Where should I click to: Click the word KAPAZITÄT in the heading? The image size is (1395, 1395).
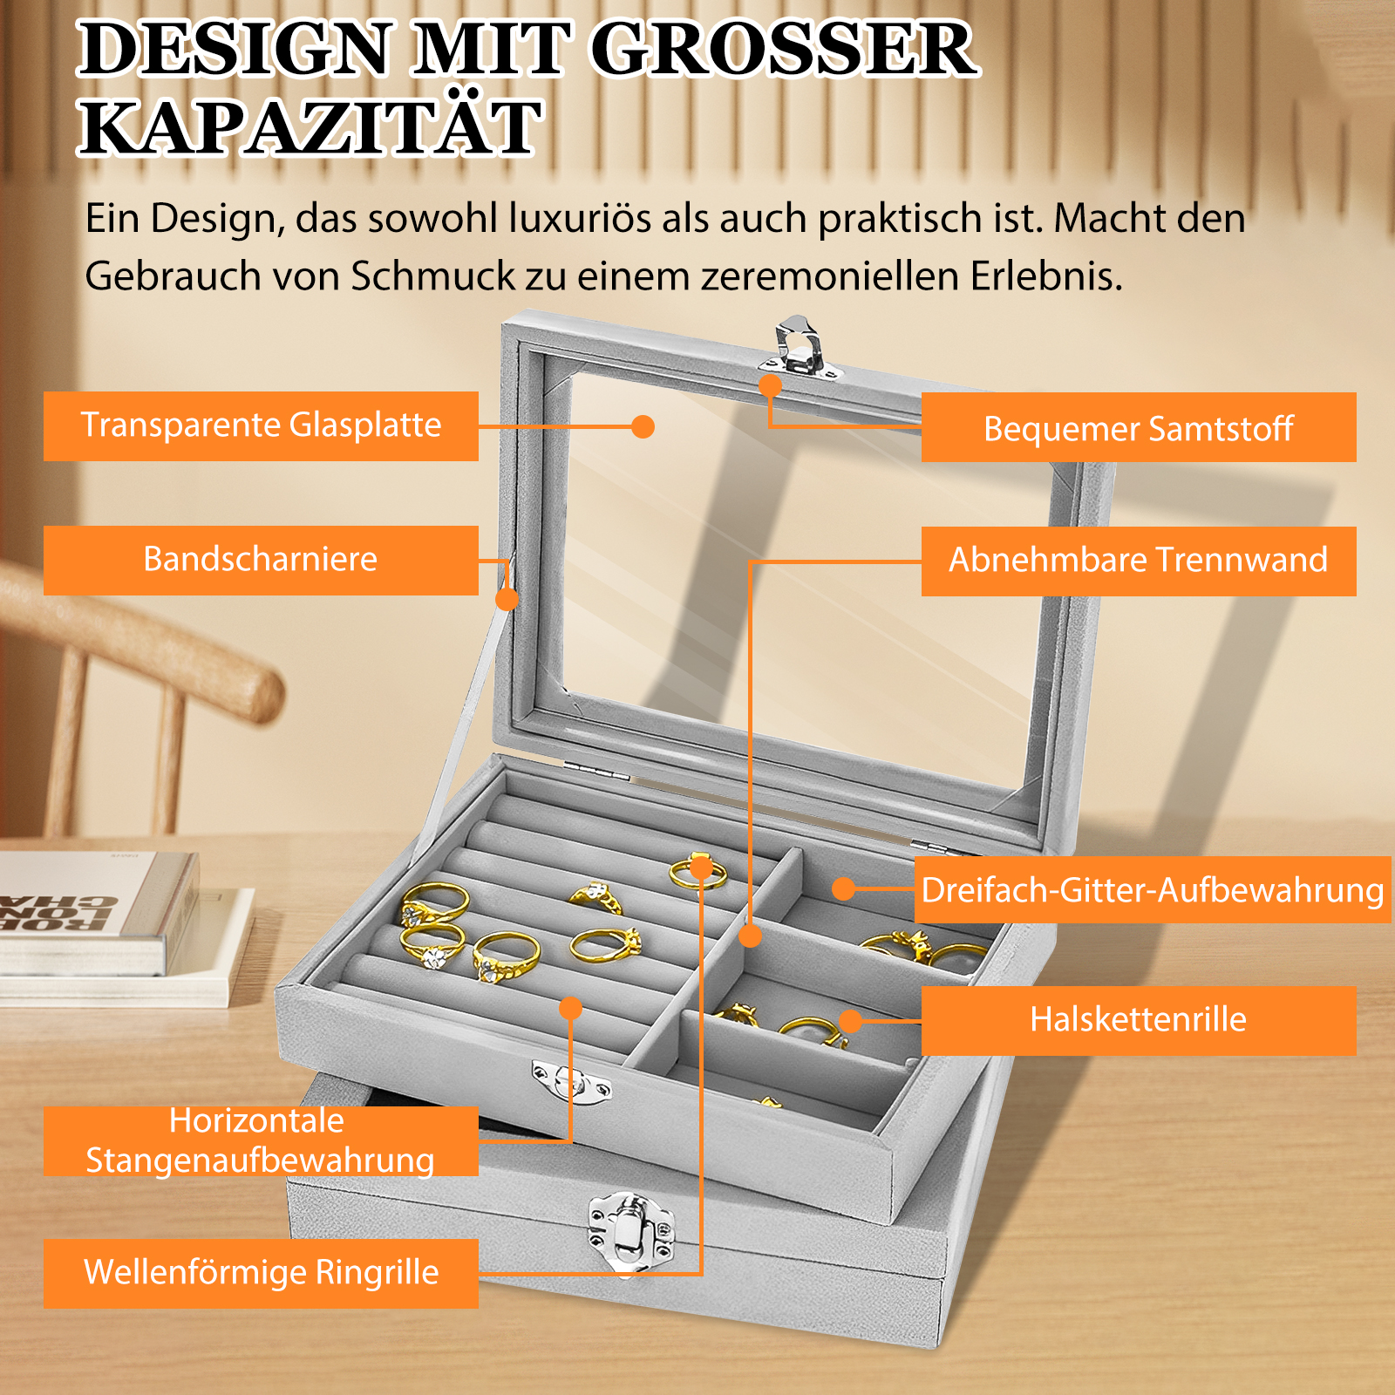(311, 127)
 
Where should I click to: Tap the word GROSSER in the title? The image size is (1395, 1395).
(784, 49)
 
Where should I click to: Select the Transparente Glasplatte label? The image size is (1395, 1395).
(261, 425)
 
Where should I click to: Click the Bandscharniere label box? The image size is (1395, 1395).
(261, 560)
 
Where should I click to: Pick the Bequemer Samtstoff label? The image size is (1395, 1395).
(1139, 427)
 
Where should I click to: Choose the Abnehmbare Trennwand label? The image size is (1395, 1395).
(1139, 561)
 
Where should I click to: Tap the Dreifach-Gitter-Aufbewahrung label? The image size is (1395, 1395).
(1153, 889)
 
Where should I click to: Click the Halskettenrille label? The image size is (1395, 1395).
(1139, 1021)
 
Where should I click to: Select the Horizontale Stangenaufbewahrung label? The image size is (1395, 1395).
(261, 1141)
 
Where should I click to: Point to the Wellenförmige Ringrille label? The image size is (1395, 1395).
(261, 1273)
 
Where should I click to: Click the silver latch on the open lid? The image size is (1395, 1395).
(800, 348)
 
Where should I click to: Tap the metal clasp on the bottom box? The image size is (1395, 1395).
(631, 1230)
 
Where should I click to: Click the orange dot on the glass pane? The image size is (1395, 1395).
(643, 426)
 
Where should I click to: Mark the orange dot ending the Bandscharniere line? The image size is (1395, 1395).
(507, 599)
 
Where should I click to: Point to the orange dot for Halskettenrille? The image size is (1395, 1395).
(850, 1021)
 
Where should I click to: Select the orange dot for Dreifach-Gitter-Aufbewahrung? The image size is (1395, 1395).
(843, 888)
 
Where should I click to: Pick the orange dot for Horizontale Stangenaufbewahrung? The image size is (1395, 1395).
(570, 1009)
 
